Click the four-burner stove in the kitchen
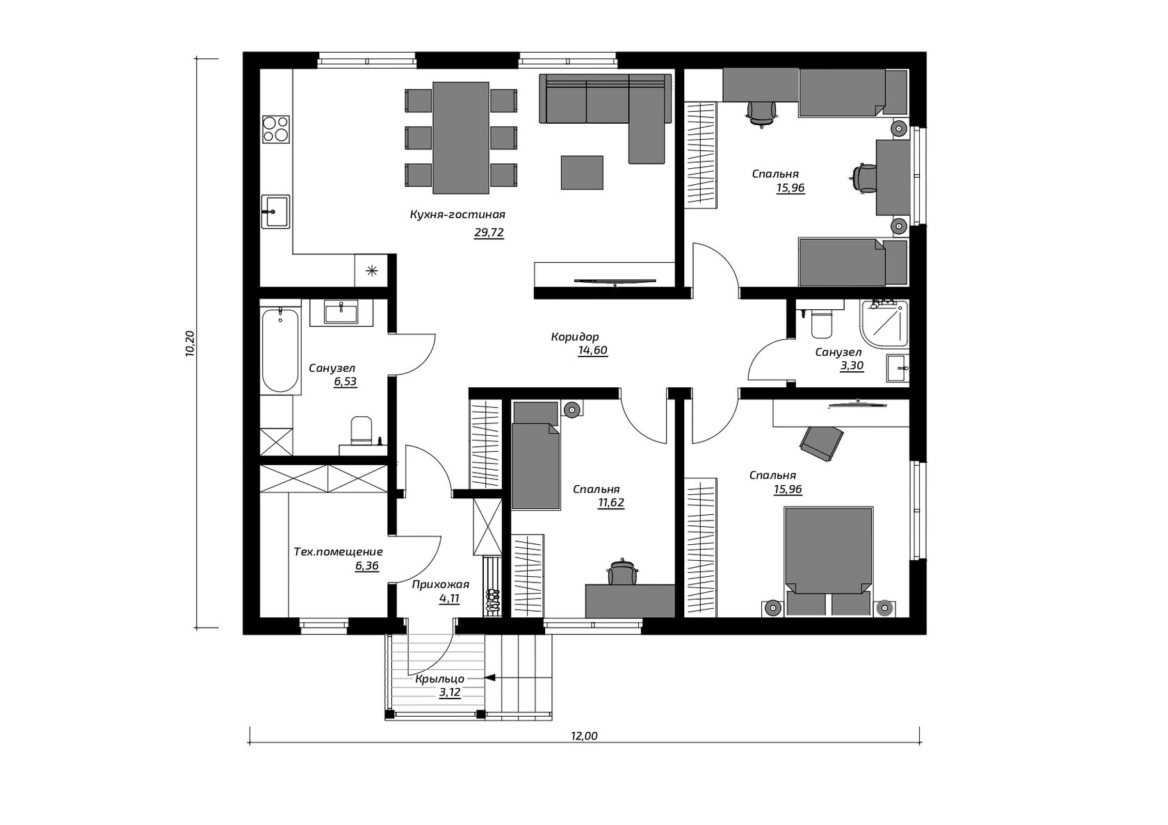click(x=276, y=129)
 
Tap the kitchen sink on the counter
click(x=275, y=211)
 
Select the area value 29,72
click(x=489, y=232)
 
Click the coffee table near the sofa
click(x=582, y=172)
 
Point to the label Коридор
click(x=575, y=336)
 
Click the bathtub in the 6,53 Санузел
click(x=281, y=350)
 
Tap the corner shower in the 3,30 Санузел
click(x=884, y=324)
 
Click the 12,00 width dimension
click(x=584, y=736)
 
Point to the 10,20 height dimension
click(x=190, y=343)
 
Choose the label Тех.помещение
click(x=339, y=551)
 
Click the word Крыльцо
click(x=439, y=679)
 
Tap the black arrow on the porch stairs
click(x=490, y=678)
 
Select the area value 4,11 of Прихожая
click(x=449, y=598)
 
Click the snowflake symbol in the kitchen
click(x=371, y=270)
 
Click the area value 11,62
click(x=611, y=503)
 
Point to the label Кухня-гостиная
click(x=457, y=214)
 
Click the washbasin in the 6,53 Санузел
click(x=341, y=313)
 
